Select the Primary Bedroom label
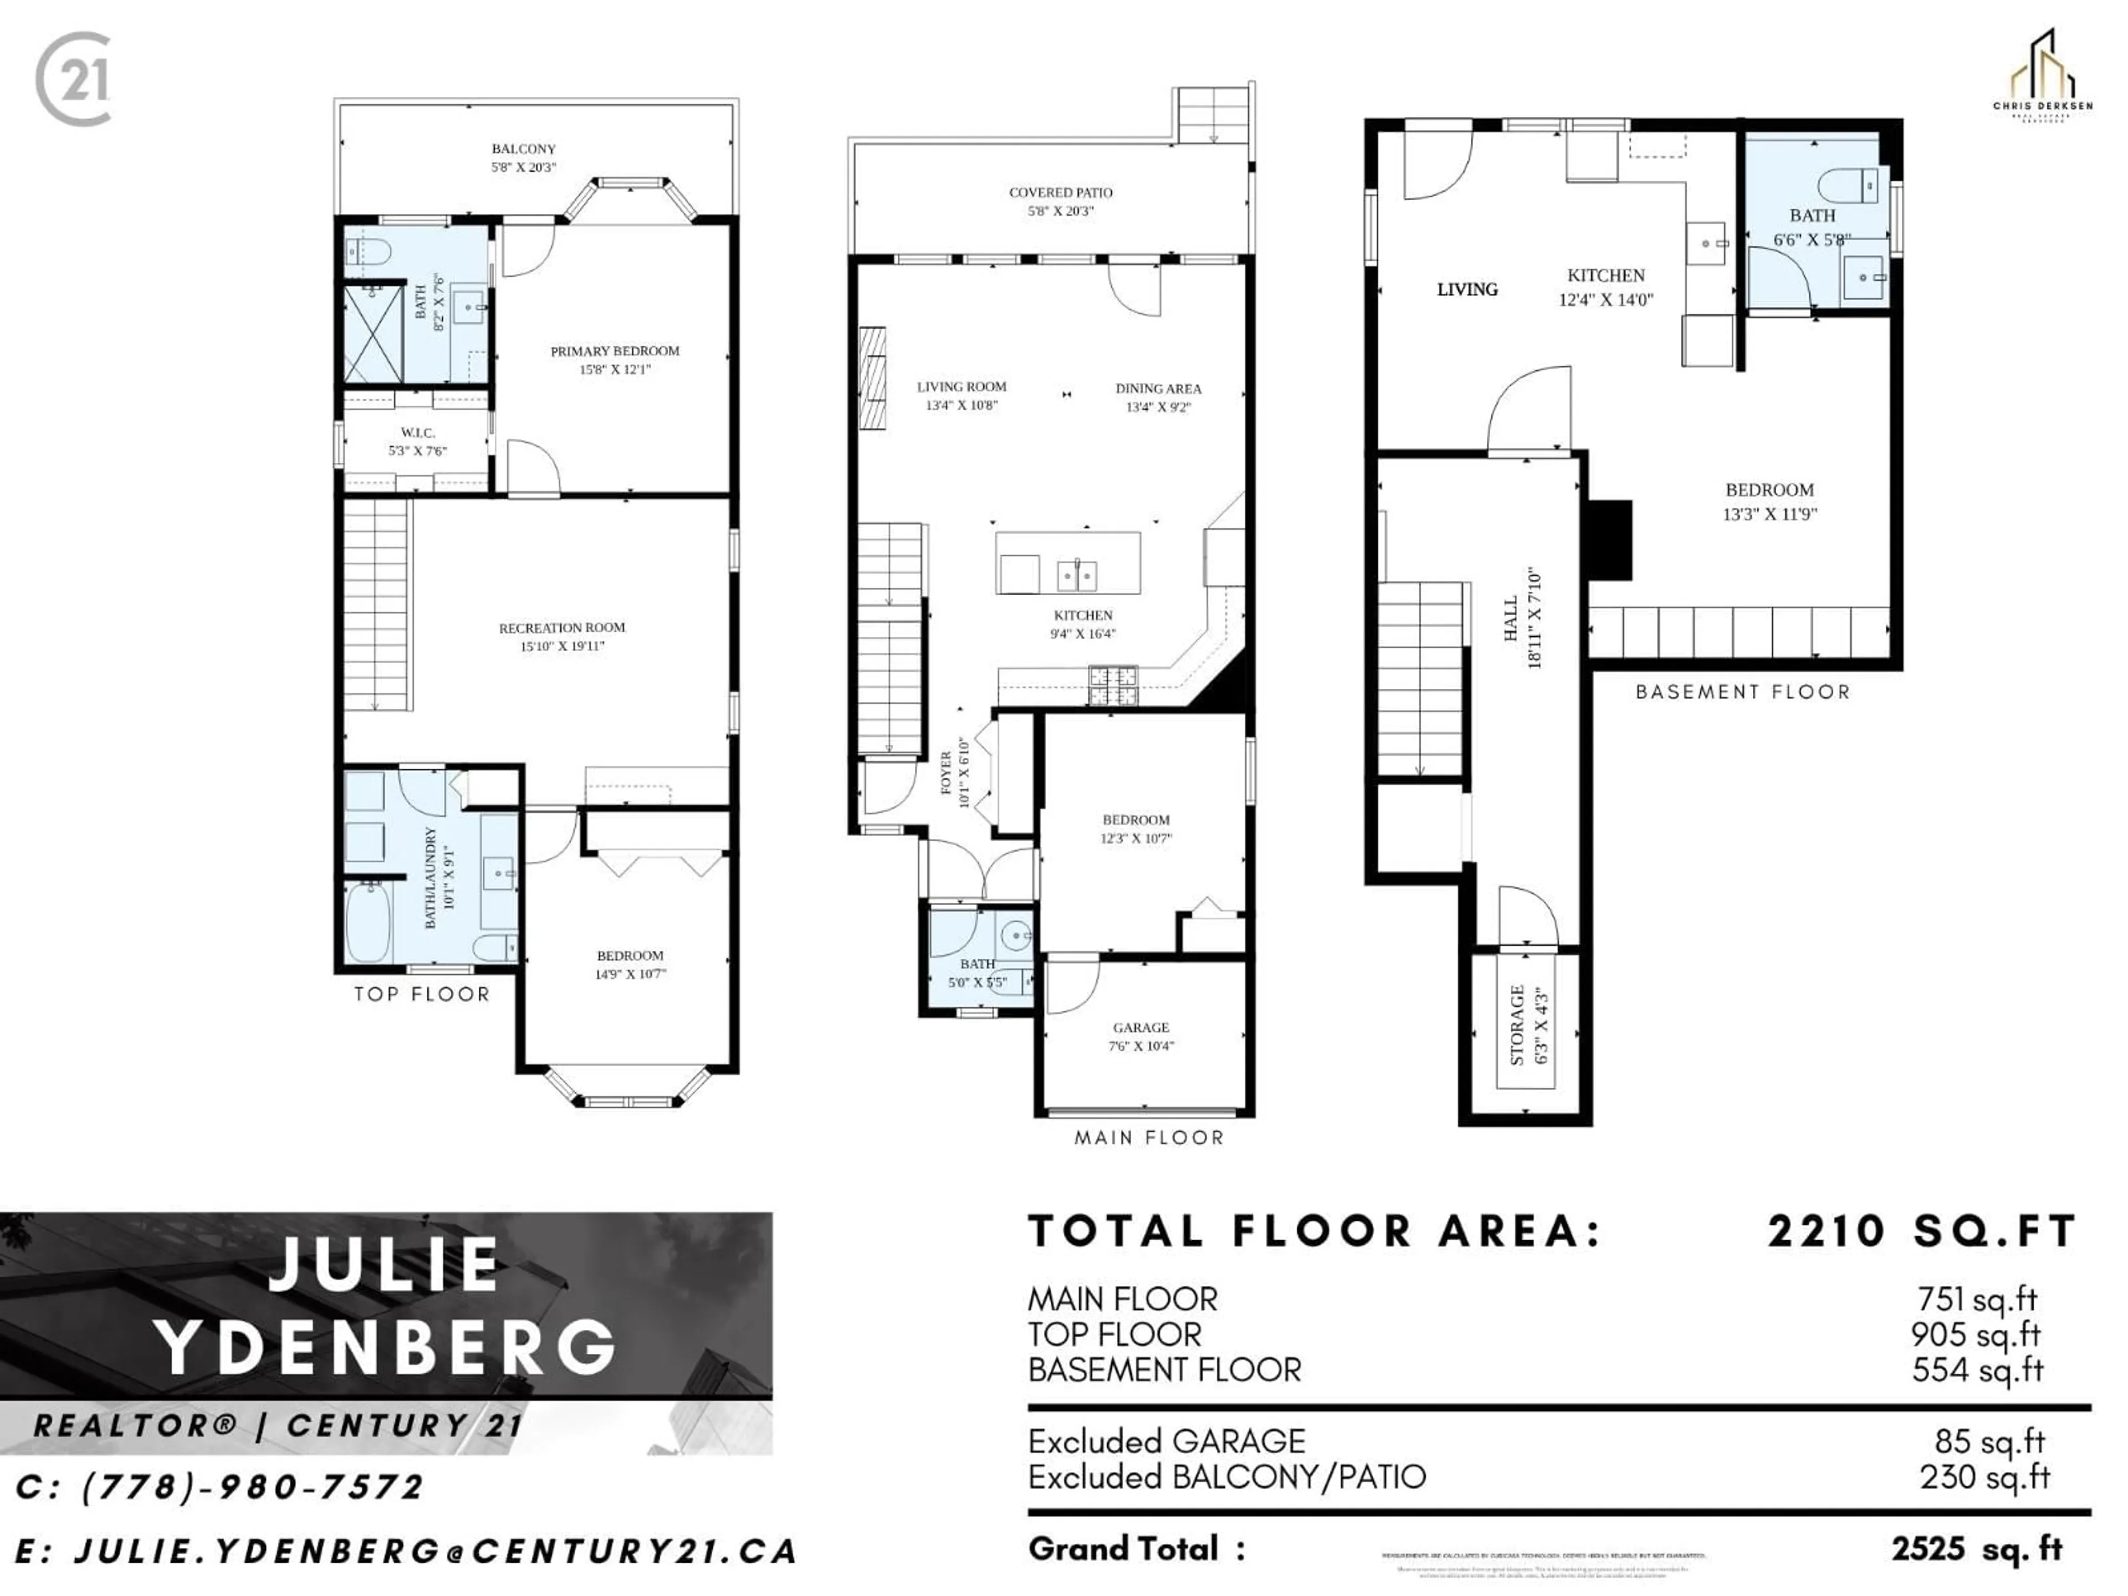tap(615, 351)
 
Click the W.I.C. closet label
tap(417, 433)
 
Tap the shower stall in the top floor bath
tap(374, 334)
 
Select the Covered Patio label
tap(1060, 192)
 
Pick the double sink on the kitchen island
tap(1077, 575)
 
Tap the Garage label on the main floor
tap(1141, 1027)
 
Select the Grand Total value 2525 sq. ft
tap(1976, 1549)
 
